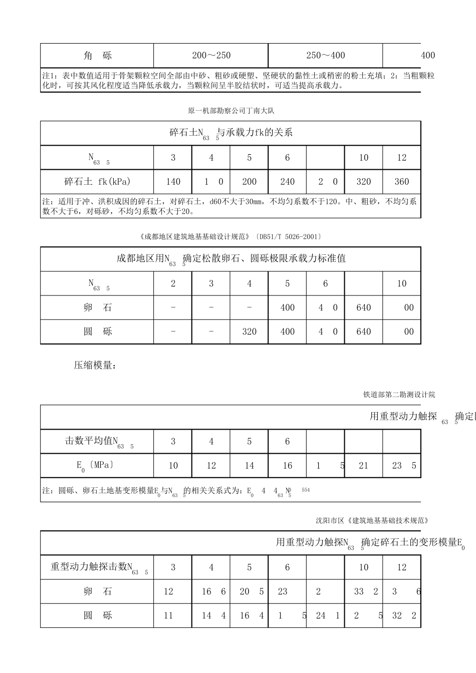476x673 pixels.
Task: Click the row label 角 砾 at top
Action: [x=97, y=56]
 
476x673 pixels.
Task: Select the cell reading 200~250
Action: [x=211, y=56]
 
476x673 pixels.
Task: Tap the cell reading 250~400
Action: [x=326, y=56]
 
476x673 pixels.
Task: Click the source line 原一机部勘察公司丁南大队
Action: [x=231, y=111]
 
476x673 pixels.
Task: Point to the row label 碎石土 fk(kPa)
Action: [x=97, y=182]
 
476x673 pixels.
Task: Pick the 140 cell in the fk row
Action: [x=173, y=182]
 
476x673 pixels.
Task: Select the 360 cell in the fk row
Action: [x=402, y=182]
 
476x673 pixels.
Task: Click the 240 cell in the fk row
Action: [x=287, y=182]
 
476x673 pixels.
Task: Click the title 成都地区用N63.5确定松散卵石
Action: [x=231, y=259]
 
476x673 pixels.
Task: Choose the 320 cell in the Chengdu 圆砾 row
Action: [x=249, y=331]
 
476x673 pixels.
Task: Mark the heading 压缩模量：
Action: [x=95, y=366]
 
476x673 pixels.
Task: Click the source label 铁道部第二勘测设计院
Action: [x=399, y=395]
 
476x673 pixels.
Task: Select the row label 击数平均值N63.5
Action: [x=97, y=442]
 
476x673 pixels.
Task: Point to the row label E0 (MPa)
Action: [x=97, y=466]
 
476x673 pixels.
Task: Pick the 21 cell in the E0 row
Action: [x=363, y=466]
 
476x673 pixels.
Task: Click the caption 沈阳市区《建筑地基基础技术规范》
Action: [x=372, y=521]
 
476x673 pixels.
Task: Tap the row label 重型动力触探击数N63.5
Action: [x=97, y=568]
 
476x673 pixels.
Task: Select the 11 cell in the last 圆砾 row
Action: [x=168, y=615]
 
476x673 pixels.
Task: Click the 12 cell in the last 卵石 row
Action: [x=168, y=592]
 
